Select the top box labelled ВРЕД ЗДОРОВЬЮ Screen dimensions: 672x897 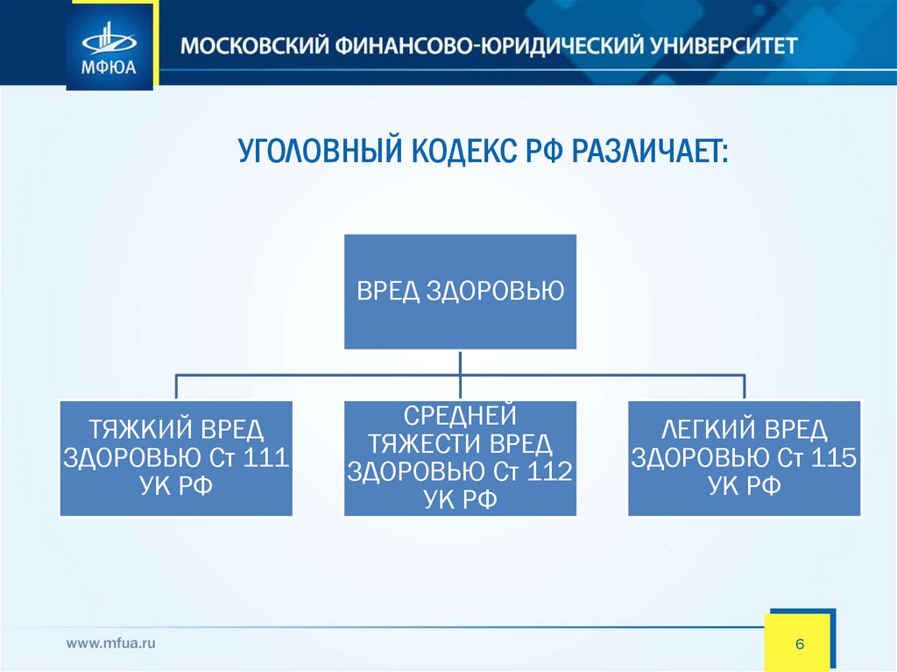(460, 291)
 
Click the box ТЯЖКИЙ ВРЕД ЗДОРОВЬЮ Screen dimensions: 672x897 (176, 458)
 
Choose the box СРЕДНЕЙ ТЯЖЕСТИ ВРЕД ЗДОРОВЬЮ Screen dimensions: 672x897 (460, 458)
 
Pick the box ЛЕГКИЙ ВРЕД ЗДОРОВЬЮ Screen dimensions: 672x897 (744, 458)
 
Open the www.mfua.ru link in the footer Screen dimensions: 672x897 (111, 643)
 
